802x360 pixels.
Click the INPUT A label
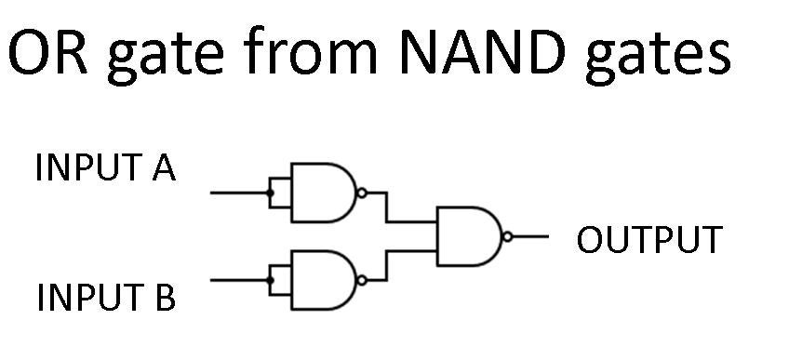pyautogui.click(x=105, y=169)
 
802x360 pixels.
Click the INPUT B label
pyautogui.click(x=105, y=300)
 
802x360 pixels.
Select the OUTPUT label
pyautogui.click(x=648, y=241)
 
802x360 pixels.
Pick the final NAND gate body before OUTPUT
pyautogui.click(x=469, y=236)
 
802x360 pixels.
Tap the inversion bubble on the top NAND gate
pyautogui.click(x=362, y=193)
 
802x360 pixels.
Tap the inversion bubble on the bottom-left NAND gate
pyautogui.click(x=362, y=279)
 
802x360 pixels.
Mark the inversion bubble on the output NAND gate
pyautogui.click(x=507, y=236)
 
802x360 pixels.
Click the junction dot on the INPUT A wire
pyautogui.click(x=270, y=193)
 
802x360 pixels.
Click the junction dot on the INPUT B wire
pyautogui.click(x=270, y=279)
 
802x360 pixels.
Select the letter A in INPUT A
pyautogui.click(x=163, y=169)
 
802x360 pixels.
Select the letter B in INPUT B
pyautogui.click(x=164, y=300)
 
